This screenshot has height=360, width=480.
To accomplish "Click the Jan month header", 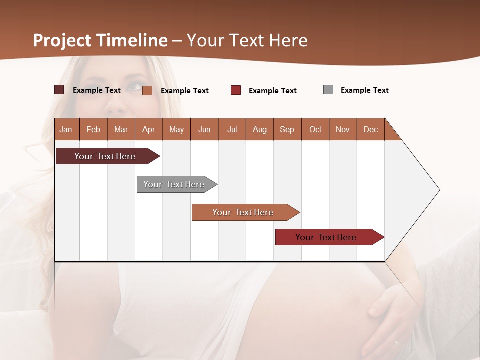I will (x=66, y=129).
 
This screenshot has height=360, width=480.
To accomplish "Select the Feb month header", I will (x=93, y=129).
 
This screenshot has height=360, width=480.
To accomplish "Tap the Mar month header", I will (x=121, y=129).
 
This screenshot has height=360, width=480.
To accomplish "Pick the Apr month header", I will (x=148, y=129).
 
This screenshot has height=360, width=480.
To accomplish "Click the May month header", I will (x=176, y=129).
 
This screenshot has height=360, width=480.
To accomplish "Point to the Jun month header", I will (x=204, y=129).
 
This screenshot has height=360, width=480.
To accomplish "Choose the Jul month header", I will (x=232, y=129).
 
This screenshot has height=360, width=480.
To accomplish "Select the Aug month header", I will (x=259, y=129).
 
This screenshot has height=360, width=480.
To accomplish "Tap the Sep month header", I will (x=287, y=129).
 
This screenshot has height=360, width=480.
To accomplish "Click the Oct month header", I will (x=315, y=129).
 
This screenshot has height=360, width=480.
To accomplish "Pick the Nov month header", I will (x=343, y=129).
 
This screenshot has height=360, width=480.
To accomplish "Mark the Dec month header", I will (x=370, y=129).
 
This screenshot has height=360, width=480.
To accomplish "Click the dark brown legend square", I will (x=59, y=90).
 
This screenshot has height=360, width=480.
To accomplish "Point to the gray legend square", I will (x=328, y=90).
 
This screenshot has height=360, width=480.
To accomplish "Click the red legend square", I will (x=236, y=90).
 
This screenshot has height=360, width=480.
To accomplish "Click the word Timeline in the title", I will (x=132, y=40).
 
